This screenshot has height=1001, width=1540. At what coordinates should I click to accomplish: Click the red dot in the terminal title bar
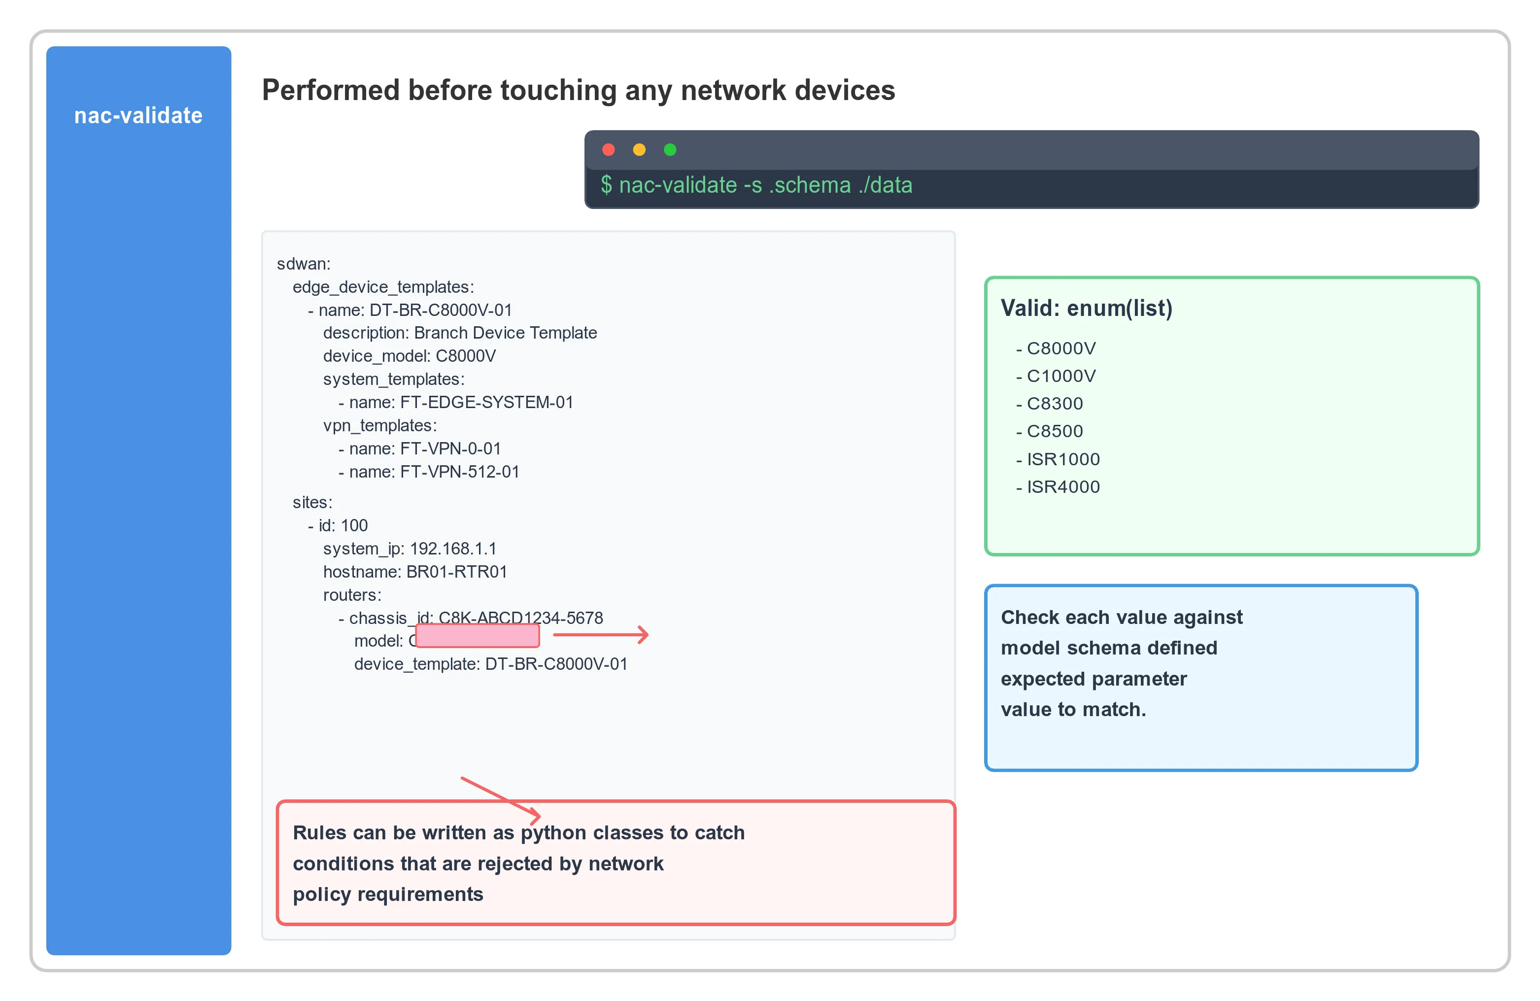(608, 150)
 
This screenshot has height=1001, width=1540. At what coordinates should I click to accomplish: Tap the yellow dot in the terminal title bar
(639, 150)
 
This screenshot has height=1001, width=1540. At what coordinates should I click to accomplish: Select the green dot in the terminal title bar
(670, 150)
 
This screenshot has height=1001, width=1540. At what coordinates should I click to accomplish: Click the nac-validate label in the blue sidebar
(138, 115)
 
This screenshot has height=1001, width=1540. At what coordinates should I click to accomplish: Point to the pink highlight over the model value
(478, 635)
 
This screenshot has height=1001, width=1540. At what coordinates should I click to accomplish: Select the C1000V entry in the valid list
(1061, 376)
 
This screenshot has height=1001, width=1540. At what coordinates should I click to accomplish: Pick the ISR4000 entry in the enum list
(1063, 486)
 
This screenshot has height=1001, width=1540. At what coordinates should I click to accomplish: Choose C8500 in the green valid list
(1055, 431)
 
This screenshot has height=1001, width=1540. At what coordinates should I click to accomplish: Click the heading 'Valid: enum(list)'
(1087, 308)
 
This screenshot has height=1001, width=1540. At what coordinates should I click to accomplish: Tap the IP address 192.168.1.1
(453, 549)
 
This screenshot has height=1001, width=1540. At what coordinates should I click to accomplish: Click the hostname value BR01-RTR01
(456, 572)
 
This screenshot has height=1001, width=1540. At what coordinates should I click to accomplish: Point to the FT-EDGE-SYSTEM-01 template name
(486, 403)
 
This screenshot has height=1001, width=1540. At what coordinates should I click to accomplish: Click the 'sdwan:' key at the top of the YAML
(304, 264)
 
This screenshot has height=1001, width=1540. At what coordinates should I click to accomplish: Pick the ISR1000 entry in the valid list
(1063, 459)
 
